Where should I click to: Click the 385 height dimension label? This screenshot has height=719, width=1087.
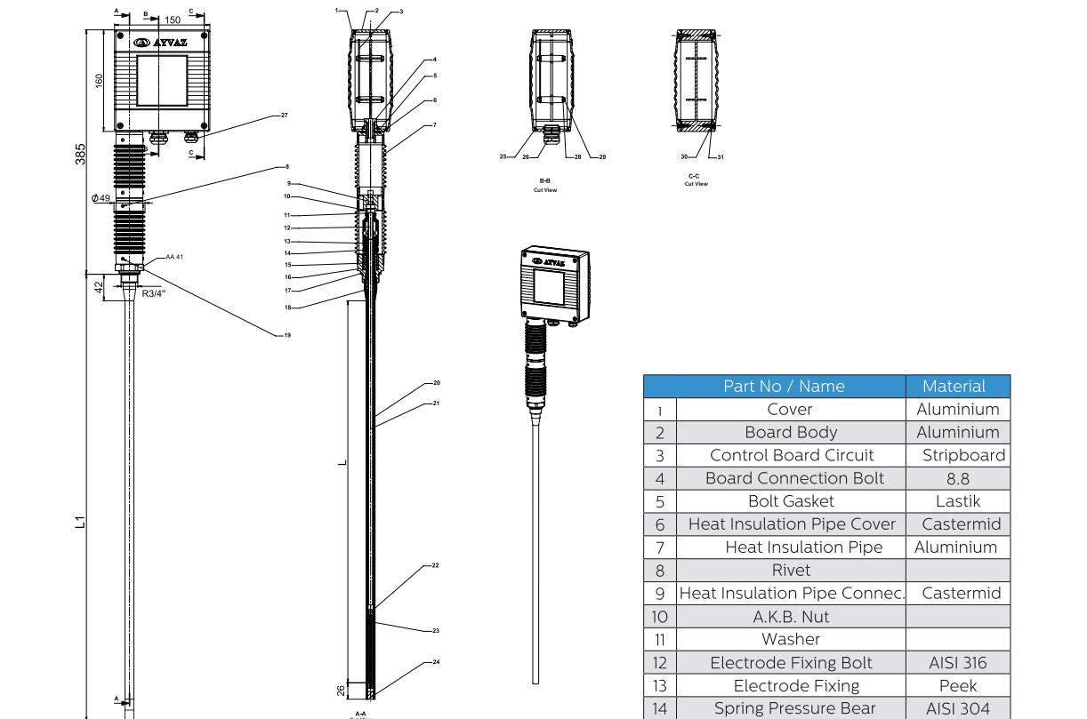81,152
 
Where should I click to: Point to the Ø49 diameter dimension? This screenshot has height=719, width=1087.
101,198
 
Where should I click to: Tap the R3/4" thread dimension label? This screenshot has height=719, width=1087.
153,293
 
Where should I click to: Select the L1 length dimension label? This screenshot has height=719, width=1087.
79,522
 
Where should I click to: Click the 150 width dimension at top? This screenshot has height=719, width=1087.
173,20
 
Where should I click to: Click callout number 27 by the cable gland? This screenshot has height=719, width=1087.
284,116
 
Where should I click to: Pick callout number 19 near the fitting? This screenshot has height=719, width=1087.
286,335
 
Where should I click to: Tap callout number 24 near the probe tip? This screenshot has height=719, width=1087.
436,662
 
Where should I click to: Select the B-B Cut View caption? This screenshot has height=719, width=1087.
545,183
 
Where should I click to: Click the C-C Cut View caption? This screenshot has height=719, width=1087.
696,181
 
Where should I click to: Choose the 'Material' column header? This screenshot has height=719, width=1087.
954,387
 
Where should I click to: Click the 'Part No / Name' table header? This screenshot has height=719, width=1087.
791,387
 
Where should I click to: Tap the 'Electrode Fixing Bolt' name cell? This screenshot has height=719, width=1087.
790,662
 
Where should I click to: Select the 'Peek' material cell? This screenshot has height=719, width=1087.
957,685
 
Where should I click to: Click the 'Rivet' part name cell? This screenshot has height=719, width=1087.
791,570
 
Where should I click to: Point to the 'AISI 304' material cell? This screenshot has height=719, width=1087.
957,708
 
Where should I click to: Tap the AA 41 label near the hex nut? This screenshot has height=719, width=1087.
173,257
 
